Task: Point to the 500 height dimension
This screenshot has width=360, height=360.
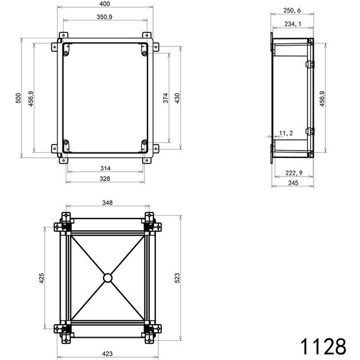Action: coord(19,98)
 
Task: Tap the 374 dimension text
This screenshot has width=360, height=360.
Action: coord(166,99)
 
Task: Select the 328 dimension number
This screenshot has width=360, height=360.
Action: coord(106,179)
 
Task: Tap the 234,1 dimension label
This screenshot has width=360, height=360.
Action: coord(292,24)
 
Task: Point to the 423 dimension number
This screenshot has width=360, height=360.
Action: coord(106,354)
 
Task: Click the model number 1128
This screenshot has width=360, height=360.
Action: coord(323,346)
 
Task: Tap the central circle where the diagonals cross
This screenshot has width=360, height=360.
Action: coord(107,278)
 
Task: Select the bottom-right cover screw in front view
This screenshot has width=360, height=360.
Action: coord(145,143)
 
